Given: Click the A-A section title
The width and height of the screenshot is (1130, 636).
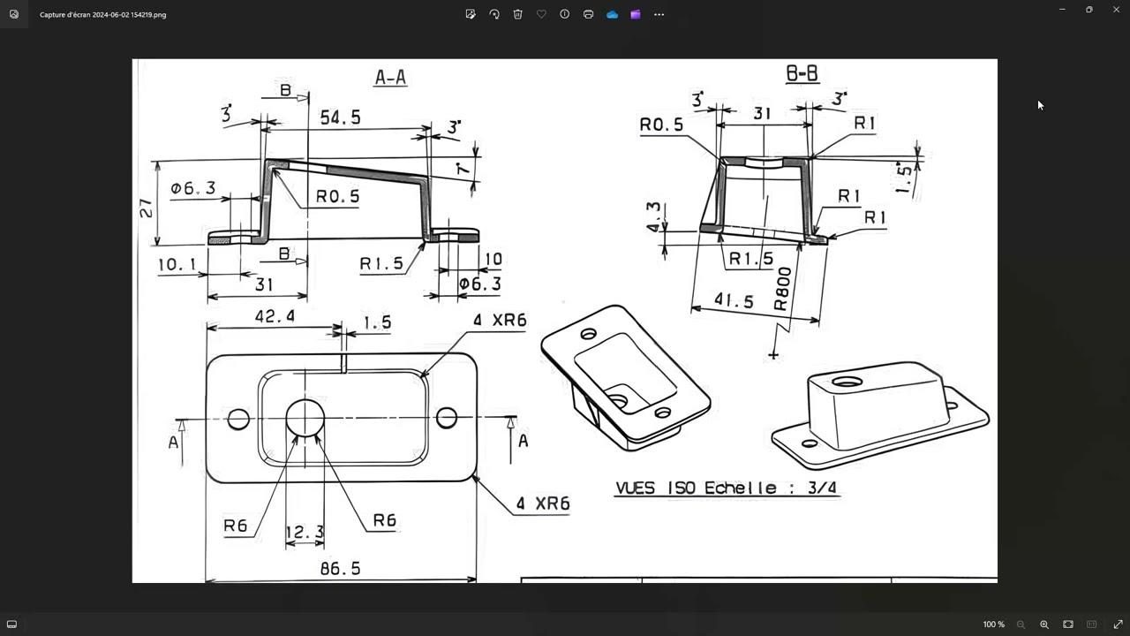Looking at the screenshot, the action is point(390,77).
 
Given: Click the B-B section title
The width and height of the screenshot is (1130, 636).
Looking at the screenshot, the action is point(802,73).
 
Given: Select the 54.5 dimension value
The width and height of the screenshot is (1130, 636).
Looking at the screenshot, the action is point(341,117).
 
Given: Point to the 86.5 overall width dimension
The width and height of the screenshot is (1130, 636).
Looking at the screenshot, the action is point(341,569).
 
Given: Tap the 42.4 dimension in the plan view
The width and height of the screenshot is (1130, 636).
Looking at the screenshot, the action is point(275,316).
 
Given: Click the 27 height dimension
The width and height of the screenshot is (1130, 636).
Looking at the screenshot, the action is point(146,208).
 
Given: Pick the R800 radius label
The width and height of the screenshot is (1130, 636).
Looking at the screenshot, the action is point(782,289).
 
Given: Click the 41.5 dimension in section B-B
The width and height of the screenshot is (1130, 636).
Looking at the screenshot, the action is point(734,300).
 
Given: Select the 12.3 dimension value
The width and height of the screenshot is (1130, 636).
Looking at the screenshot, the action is point(305,532).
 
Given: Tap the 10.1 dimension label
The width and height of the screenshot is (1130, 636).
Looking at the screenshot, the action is point(177,264).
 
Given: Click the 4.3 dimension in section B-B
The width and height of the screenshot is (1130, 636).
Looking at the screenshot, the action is point(653,217).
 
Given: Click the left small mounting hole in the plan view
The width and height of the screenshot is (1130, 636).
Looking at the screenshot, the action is point(238,419).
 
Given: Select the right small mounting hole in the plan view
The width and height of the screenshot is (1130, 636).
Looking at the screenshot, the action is point(447,418).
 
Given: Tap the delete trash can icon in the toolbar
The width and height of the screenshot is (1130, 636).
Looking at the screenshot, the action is point(517,14).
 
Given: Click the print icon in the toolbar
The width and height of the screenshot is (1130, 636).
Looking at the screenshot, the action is point(588,14).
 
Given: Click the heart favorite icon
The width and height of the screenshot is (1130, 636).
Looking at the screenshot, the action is point(541,14).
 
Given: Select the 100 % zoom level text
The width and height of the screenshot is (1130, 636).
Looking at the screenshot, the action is point(994,625).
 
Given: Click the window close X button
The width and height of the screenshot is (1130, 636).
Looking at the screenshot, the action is point(1116,9).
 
